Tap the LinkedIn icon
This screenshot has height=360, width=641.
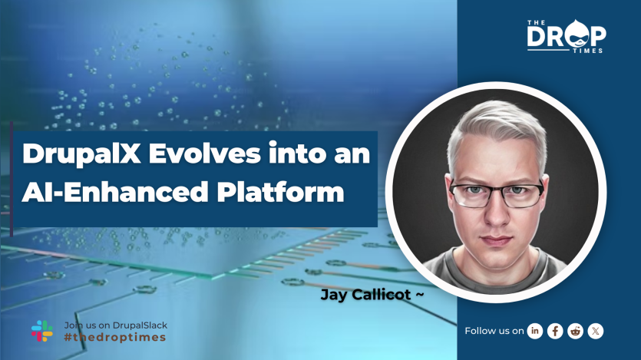coord(535,331)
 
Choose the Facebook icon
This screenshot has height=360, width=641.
coord(555,331)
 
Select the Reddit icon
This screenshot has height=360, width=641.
coord(575,331)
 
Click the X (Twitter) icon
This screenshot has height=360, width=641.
coord(595,331)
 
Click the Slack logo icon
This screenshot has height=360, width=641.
coord(42,330)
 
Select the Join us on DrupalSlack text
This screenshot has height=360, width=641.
coord(116,325)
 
